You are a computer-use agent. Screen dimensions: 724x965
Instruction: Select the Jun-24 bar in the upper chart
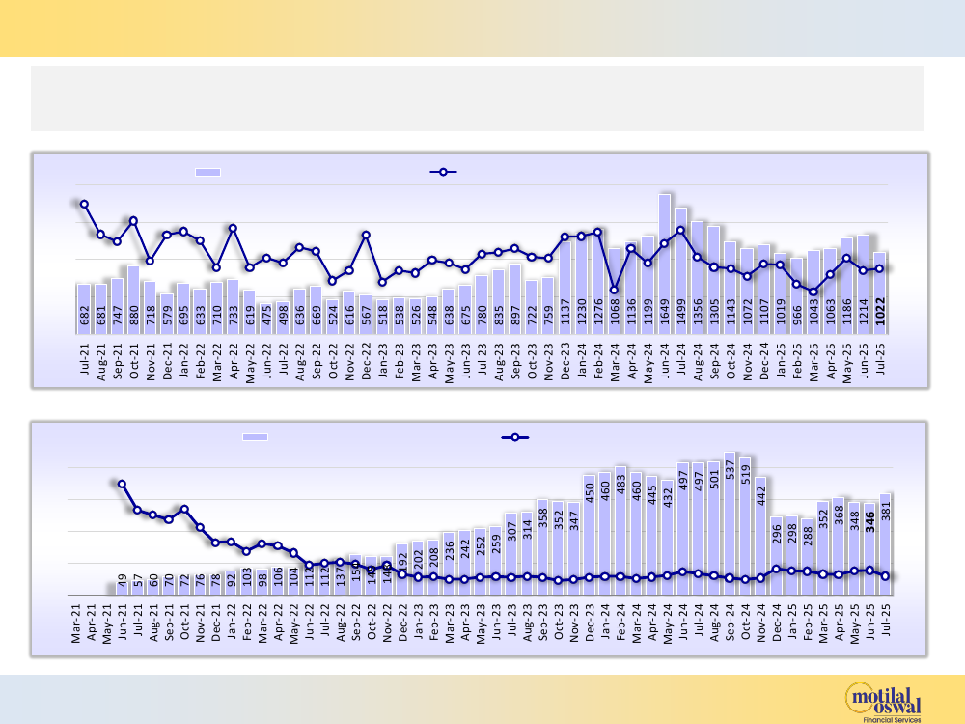tap(665, 251)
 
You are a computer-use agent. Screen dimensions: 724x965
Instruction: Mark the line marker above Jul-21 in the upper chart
tap(84, 204)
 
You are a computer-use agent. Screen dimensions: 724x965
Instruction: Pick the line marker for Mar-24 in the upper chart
tap(615, 290)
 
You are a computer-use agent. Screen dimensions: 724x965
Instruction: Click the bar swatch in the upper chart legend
tap(207, 172)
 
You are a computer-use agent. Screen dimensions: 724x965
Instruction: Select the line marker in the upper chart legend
tap(443, 172)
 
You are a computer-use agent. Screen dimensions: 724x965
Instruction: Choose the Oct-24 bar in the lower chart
tap(746, 521)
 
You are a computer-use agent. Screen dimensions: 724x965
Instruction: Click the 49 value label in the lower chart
tap(123, 580)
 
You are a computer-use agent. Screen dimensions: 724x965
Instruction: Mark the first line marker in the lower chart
tap(122, 484)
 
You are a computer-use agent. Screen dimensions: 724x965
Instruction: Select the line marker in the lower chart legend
tap(516, 437)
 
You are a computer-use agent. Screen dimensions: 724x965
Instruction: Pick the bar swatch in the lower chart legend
tap(255, 437)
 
